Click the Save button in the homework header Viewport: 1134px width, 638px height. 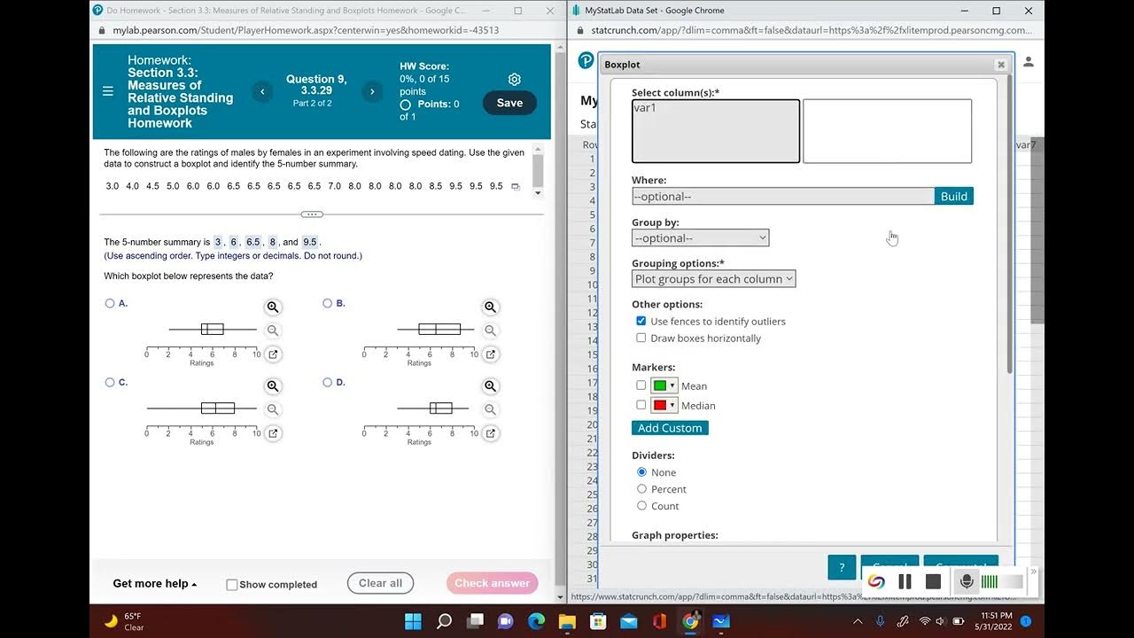[x=509, y=103]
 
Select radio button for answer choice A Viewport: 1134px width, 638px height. [x=110, y=303]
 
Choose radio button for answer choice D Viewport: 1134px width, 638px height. [x=328, y=383]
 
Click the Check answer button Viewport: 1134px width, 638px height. [x=492, y=583]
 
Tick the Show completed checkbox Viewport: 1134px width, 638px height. [x=232, y=585]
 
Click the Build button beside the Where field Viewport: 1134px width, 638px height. [x=953, y=197]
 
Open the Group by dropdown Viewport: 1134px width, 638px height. [x=700, y=237]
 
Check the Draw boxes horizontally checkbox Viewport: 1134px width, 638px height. [x=641, y=338]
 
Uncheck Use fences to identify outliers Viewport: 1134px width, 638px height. [x=641, y=321]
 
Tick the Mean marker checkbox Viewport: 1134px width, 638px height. [x=641, y=385]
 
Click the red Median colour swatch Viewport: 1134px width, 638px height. [x=659, y=405]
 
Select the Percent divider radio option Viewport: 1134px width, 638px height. [x=642, y=489]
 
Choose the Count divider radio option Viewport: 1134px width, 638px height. [x=642, y=506]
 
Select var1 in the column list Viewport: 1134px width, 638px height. [x=646, y=108]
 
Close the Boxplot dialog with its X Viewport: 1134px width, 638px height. [x=1001, y=65]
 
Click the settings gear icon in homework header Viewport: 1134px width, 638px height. [x=515, y=79]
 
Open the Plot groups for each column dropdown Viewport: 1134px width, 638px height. [x=713, y=279]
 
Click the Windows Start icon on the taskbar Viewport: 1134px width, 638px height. [x=413, y=621]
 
